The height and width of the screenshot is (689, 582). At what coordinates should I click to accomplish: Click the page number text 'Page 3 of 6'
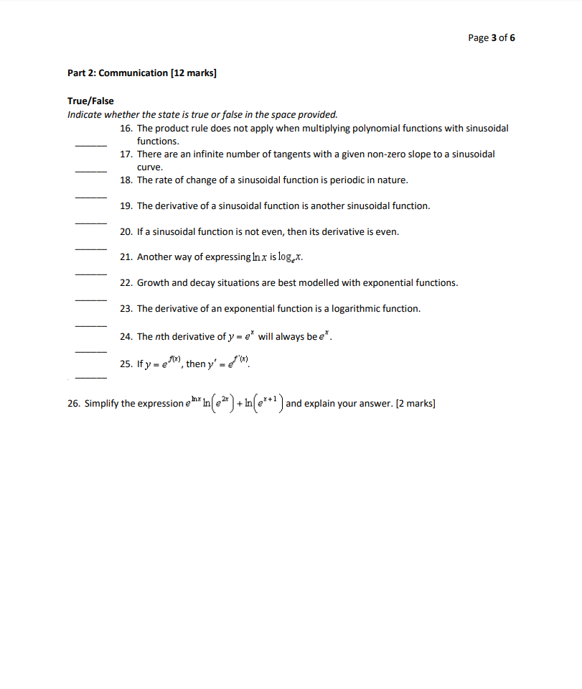(491, 37)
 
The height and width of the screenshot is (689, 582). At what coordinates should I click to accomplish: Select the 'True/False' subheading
(90, 101)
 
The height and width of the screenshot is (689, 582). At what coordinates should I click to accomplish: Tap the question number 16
(126, 128)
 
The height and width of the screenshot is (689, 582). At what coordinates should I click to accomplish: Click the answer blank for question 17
(91, 170)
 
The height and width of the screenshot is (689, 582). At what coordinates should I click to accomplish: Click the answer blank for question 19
(91, 222)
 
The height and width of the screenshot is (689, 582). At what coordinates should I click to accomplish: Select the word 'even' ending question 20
(386, 231)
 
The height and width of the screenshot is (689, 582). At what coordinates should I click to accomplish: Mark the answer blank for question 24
(91, 351)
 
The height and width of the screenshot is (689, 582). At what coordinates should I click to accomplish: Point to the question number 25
(126, 364)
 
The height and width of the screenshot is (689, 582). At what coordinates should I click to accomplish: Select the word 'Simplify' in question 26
(102, 404)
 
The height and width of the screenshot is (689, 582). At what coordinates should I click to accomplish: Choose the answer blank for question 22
(91, 299)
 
